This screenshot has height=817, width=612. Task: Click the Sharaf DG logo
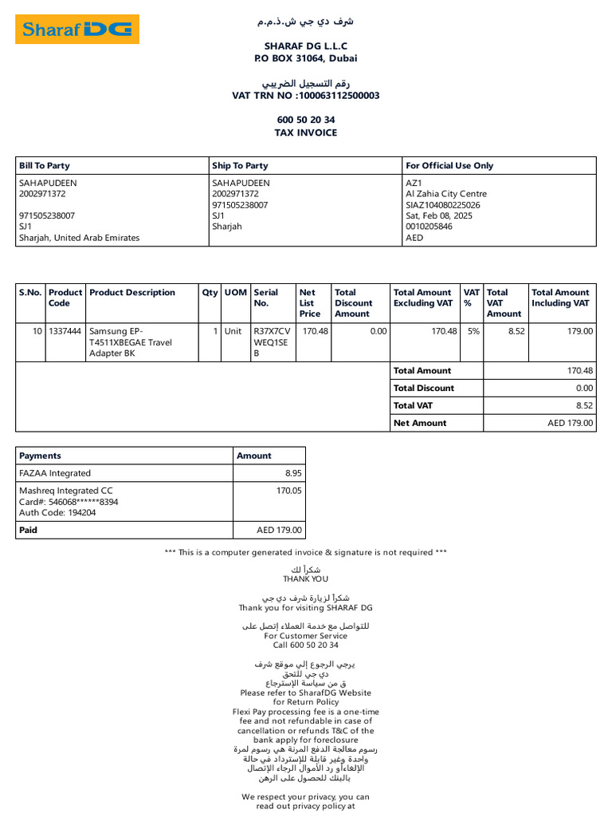[77, 30]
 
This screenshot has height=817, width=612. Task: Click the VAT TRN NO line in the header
[306, 96]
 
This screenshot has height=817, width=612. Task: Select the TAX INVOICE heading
[306, 132]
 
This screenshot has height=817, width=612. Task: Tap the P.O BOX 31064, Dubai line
[306, 58]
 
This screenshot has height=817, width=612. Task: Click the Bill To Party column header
[45, 166]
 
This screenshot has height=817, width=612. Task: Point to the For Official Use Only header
[449, 166]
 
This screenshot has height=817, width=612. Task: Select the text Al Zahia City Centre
[446, 194]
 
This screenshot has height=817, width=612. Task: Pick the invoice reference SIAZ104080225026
[443, 205]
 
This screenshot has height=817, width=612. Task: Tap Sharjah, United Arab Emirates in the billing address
[79, 238]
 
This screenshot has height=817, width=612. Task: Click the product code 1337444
[65, 331]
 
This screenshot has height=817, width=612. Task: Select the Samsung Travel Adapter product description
[130, 342]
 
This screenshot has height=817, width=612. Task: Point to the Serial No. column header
[265, 298]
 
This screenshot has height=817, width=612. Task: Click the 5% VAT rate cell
[473, 331]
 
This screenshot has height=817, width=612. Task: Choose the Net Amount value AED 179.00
[571, 424]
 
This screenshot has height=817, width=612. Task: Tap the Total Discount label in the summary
[424, 389]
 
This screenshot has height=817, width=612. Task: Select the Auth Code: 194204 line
[57, 513]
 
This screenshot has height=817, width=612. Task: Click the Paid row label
[29, 530]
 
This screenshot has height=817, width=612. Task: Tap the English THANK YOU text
[305, 579]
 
